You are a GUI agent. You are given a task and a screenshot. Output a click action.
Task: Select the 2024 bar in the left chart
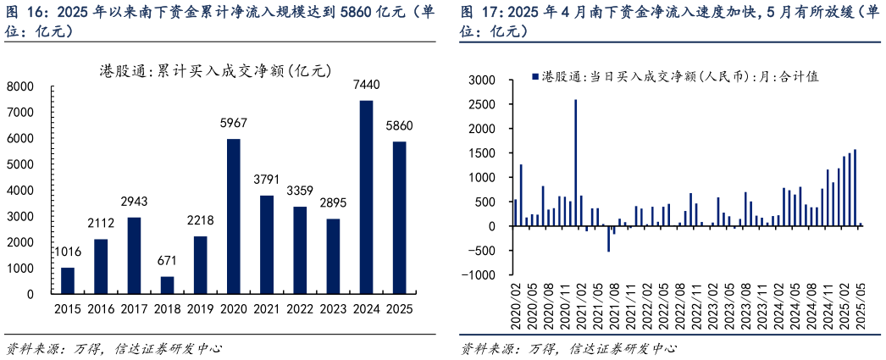tap(366, 197)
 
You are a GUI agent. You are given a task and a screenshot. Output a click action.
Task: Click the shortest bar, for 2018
tap(167, 285)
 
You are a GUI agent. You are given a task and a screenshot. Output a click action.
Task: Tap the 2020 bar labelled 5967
tap(234, 216)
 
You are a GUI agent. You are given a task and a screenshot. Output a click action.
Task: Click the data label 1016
tap(68, 252)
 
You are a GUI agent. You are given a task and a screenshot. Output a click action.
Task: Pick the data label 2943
tap(134, 202)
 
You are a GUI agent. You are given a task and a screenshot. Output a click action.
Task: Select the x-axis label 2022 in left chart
tap(300, 309)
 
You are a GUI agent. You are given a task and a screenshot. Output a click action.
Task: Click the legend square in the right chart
tap(534, 77)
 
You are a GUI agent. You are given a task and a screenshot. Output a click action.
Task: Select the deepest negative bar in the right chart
tap(608, 239)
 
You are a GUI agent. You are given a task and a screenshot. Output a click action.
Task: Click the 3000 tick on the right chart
tap(482, 80)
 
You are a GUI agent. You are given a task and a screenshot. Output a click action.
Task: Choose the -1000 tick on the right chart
tap(479, 275)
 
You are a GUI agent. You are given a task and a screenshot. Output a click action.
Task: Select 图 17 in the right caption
tap(478, 13)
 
